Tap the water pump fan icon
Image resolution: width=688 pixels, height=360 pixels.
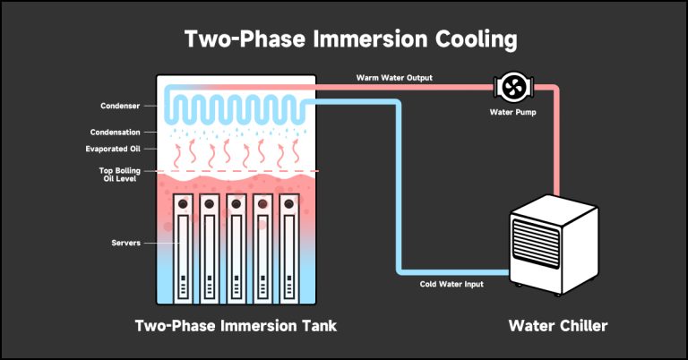tap(513, 87)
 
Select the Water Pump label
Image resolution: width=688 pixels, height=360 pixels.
tap(512, 113)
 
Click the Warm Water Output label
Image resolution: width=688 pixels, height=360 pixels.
tap(394, 78)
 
